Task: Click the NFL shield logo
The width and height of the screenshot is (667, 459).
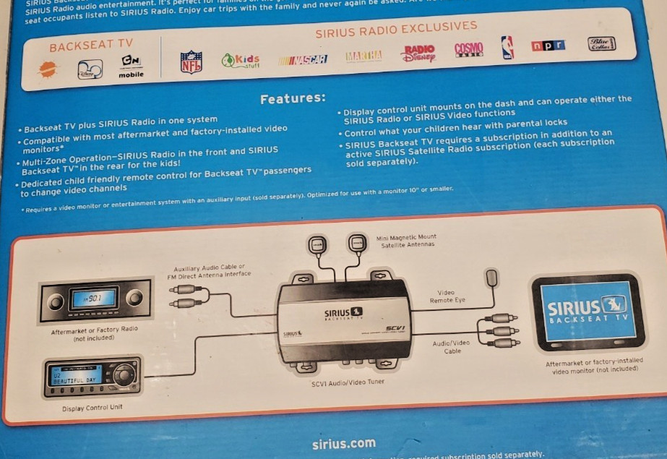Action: pos(191,61)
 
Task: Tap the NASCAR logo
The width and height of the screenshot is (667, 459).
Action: pos(303,59)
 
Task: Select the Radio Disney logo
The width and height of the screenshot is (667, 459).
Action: pos(419,53)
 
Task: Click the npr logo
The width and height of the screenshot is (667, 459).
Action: pos(548,46)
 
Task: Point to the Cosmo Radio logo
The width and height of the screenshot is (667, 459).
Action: pos(468,49)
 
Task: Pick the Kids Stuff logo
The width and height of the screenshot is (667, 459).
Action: pos(241,61)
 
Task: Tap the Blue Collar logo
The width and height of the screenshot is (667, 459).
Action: pos(601,43)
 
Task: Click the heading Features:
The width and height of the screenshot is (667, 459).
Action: pos(293,98)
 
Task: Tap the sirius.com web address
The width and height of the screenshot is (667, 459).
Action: pos(343,443)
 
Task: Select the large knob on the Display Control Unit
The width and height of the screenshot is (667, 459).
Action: pos(124,374)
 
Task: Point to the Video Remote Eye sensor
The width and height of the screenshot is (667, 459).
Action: pos(492,277)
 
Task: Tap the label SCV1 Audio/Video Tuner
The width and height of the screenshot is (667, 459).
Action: pos(348,382)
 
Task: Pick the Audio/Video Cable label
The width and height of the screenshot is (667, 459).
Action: pos(452,347)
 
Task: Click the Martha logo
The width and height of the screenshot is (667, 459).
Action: pos(363,56)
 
